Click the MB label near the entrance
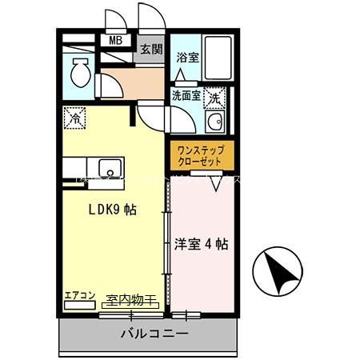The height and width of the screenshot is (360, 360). pos(115,39)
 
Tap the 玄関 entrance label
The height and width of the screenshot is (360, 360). pos(150,48)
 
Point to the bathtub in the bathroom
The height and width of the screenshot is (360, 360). pos(217,59)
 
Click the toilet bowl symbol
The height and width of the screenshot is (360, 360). pos(80,74)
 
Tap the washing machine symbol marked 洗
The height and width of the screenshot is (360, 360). pos(214,98)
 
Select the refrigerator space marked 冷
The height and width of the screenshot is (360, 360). pos(74,117)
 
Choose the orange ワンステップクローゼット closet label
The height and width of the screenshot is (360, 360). pos(201,154)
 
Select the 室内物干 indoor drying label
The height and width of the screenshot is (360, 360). pos(130,300)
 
